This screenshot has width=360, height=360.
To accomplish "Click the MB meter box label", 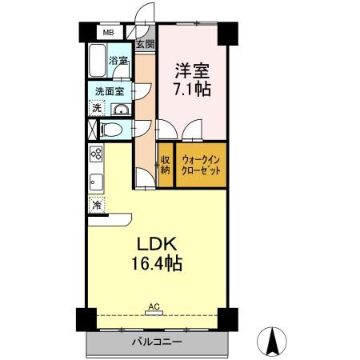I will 106,34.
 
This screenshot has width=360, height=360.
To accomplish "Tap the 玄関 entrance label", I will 145,43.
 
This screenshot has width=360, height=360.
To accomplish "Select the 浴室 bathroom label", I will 119,61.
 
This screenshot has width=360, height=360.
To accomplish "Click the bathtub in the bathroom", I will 98,61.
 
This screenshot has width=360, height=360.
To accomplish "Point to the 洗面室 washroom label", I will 107,91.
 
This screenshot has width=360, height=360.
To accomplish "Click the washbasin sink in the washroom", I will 121,110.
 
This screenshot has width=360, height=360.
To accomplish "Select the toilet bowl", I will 110,130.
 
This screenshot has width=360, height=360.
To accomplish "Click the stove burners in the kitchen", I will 96,154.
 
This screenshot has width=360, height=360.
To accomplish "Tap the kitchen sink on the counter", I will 94,181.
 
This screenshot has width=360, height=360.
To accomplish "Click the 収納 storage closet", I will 166,164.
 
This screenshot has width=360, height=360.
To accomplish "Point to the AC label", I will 154,306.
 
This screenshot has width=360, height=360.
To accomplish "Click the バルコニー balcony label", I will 156,342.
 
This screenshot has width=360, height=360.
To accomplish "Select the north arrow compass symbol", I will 274,342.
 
